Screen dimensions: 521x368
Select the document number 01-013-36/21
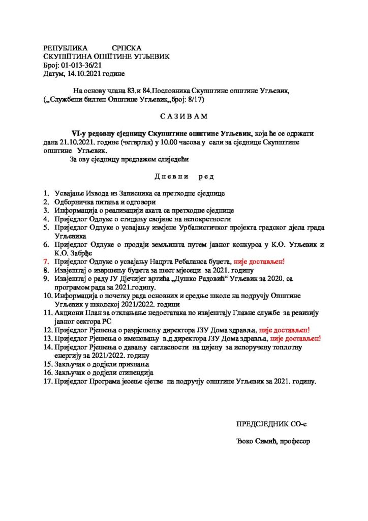coord(82,66)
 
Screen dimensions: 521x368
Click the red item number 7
coord(46,262)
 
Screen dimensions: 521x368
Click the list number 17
coord(47,381)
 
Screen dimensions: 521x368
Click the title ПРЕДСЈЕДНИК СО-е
coord(271,424)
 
